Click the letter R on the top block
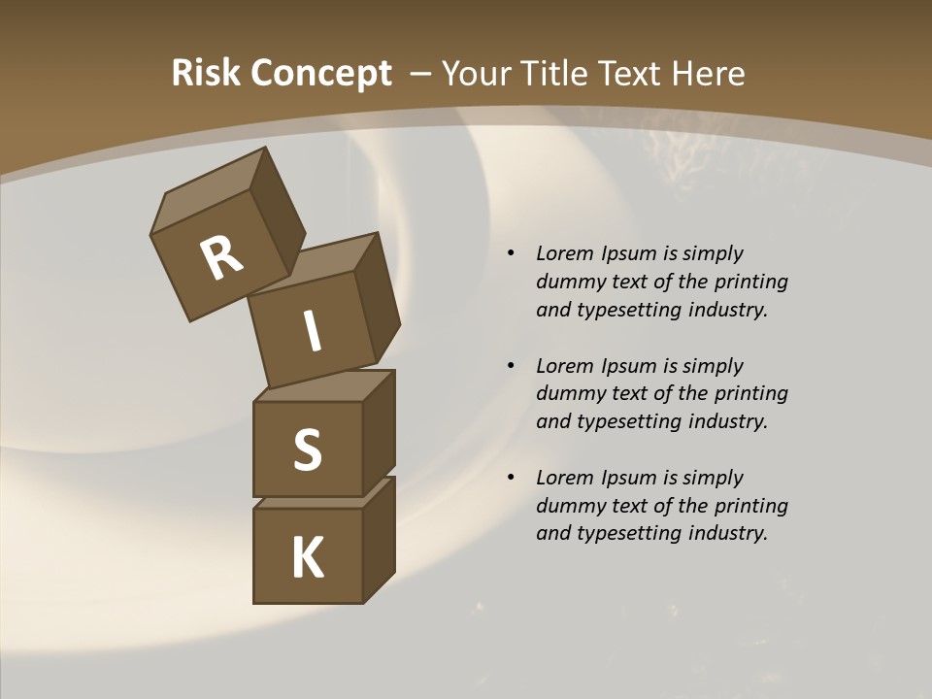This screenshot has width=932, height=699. coord(221,257)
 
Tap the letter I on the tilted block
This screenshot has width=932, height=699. coord(312,331)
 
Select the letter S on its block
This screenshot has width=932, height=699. coord(307,449)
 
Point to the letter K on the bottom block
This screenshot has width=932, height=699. coord(307,558)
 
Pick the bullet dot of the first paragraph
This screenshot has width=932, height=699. coord(510,254)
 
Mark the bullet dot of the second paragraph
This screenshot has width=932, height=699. coord(510,367)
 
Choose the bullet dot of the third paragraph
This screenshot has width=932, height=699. coord(510,479)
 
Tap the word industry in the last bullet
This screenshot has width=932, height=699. coord(727,533)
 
